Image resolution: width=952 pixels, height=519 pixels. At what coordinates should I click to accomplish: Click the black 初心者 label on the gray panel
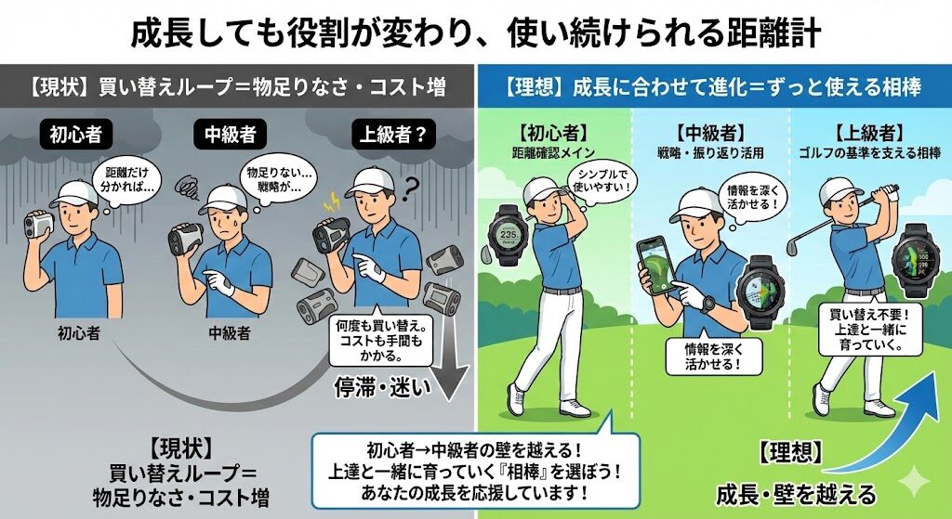pos(76,135)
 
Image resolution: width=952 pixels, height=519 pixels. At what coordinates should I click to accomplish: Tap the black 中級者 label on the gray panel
pos(231,135)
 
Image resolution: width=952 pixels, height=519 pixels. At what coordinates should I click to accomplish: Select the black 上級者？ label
pos(393,135)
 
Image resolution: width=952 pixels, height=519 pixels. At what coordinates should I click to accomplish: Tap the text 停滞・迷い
pos(382,387)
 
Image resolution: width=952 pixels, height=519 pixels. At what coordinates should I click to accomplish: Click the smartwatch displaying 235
pos(509,234)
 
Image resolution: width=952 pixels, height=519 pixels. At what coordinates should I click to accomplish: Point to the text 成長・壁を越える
pos(796,494)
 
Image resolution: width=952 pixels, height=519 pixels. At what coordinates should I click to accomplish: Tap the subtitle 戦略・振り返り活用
pos(710,153)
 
